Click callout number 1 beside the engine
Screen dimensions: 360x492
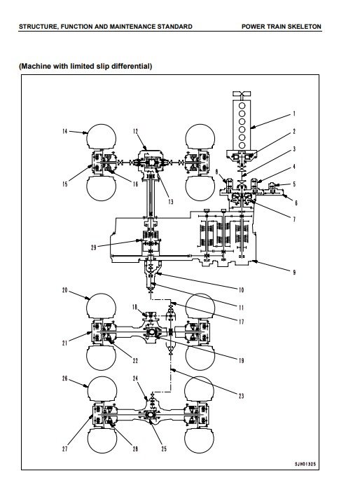tap(294, 114)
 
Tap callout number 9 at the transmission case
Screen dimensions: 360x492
tap(294, 273)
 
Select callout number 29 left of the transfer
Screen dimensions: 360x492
tap(93, 247)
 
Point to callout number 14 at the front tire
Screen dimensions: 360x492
tap(64, 131)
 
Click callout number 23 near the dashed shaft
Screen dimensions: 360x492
tap(241, 396)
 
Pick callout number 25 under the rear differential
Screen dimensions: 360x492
tap(164, 449)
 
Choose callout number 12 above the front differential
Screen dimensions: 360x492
tap(135, 131)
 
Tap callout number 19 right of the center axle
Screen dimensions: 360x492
tap(241, 361)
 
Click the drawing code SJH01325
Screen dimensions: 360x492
tap(305, 464)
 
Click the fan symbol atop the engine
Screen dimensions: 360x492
tap(242, 93)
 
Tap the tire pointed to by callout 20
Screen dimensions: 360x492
tap(101, 306)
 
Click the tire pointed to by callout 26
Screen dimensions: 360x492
tap(102, 389)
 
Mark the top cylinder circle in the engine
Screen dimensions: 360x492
tap(242, 105)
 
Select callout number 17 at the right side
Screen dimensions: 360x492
tap(241, 322)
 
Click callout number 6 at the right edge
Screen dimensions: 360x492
tap(296, 203)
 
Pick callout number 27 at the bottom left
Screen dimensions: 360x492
tap(64, 449)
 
